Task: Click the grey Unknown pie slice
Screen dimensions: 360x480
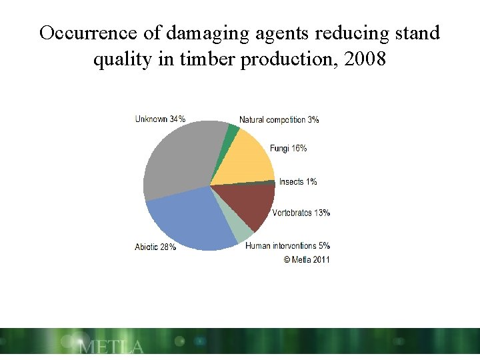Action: tap(177, 157)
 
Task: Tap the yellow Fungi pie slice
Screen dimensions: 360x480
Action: tap(243, 157)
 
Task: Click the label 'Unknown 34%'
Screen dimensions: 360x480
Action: tap(160, 119)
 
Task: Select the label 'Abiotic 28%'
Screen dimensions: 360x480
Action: tap(155, 247)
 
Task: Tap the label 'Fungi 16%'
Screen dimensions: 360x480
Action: tap(288, 149)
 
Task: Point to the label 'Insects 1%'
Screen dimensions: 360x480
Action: tap(298, 181)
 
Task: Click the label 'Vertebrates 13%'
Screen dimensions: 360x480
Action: tap(301, 213)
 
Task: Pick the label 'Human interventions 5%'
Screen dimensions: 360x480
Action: tap(287, 246)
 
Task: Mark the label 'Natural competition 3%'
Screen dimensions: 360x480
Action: tap(279, 120)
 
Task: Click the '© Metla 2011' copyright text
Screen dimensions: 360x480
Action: tap(306, 259)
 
